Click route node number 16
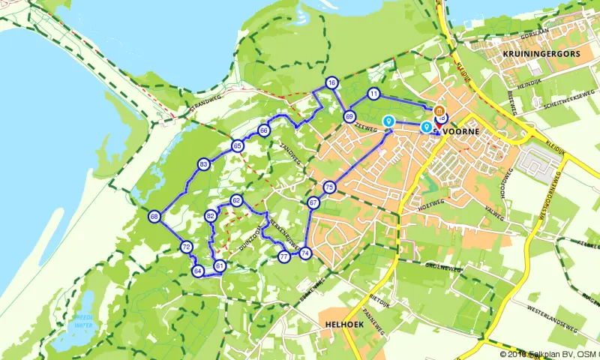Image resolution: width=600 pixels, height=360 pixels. tap(331, 82)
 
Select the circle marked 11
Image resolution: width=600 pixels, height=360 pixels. tap(373, 94)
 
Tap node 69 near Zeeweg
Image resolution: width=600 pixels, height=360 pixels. tap(349, 116)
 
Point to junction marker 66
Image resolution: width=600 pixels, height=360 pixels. tap(264, 130)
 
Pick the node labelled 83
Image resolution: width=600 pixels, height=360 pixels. tap(203, 164)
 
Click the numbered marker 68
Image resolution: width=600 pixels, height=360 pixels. tap(154, 217)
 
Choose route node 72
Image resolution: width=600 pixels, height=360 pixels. tap(186, 247)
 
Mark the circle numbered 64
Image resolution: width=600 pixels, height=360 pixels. tap(198, 271)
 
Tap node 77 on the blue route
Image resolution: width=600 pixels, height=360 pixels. tap(283, 256)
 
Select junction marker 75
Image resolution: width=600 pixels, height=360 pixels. tap(328, 187)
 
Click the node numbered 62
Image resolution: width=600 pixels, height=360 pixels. tap(236, 200)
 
